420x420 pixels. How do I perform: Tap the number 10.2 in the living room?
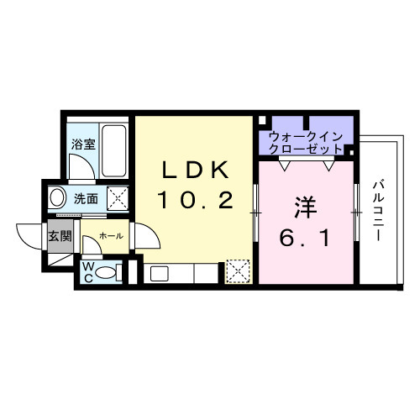[195, 202]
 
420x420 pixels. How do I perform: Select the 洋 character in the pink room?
[304, 206]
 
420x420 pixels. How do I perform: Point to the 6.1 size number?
[304, 238]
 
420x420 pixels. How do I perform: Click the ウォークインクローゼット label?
[305, 142]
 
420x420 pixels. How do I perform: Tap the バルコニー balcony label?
[378, 210]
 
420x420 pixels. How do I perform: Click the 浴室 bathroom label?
[82, 144]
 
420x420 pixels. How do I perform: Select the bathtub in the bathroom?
[113, 149]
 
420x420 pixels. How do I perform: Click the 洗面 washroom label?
[87, 200]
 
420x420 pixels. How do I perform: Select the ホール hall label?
[111, 237]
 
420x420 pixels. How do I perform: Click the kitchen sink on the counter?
[160, 273]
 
